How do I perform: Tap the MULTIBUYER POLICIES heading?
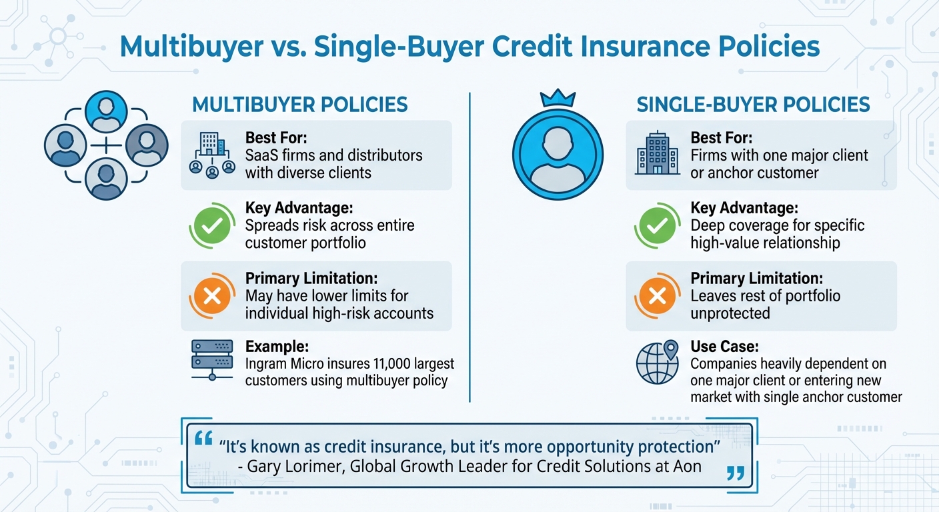point(300,105)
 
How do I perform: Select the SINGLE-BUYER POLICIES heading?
point(754,105)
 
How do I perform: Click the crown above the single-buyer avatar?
point(557,99)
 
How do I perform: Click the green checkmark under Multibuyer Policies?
point(211,226)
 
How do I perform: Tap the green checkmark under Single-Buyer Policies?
point(657,226)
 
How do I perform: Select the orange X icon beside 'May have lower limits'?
point(211,296)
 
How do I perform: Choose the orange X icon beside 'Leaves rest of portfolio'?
point(657,296)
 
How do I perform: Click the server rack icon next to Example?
point(212,360)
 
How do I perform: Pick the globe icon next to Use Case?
point(657,363)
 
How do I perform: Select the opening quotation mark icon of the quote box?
point(203,439)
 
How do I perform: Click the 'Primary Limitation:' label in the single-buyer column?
point(756,279)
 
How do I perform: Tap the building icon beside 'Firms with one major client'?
point(657,153)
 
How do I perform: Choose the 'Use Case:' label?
point(724,347)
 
